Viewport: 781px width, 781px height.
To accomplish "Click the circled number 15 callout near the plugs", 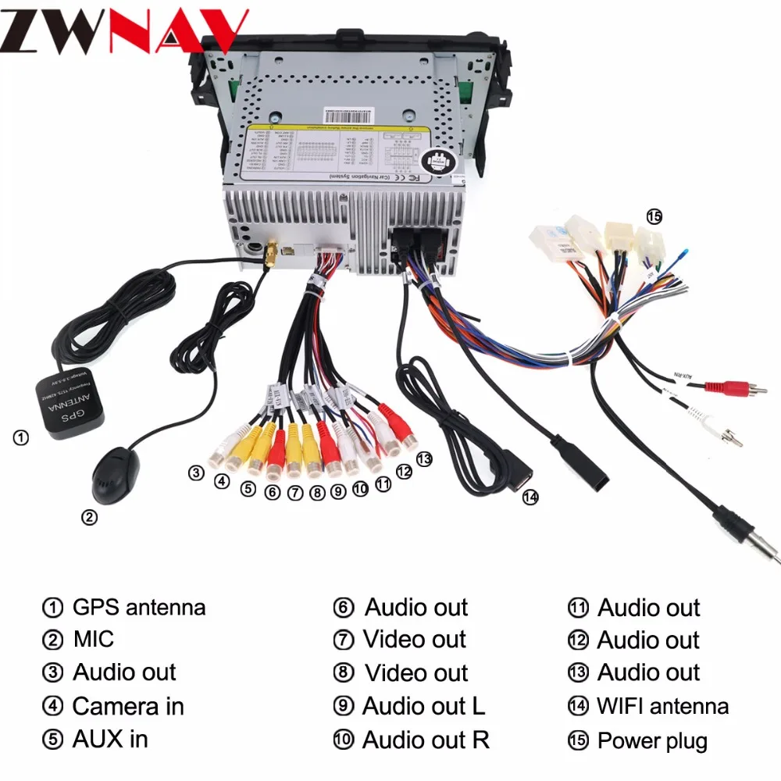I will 654,217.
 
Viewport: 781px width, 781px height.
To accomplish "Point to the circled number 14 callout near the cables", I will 531,497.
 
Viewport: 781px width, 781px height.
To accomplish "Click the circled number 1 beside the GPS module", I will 21,438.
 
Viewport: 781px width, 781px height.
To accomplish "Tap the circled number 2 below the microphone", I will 91,517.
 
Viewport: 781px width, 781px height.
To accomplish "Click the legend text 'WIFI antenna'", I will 662,707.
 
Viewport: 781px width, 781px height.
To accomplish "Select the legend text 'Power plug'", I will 652,740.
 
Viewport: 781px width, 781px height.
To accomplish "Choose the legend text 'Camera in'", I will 128,707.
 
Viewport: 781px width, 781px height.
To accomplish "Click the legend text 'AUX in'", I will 110,739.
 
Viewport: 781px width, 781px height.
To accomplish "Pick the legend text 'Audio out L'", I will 423,707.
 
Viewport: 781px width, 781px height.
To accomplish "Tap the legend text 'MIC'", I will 94,640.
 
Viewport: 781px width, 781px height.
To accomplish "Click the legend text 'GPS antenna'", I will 139,607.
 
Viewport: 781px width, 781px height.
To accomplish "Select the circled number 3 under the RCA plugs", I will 196,473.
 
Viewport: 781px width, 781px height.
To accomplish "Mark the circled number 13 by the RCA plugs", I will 424,459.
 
